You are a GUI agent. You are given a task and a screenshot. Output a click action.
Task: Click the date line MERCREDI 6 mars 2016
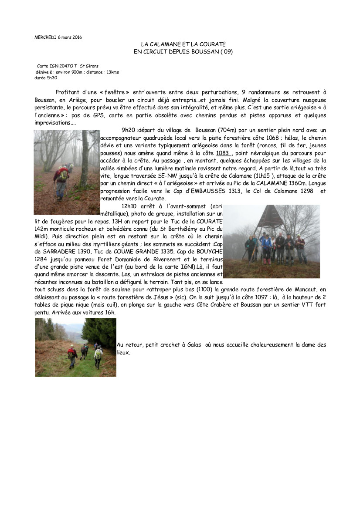point(58,37)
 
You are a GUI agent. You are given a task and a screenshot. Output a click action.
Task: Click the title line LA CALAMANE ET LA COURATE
point(183,44)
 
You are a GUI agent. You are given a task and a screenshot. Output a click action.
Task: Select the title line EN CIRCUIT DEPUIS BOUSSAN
point(183,51)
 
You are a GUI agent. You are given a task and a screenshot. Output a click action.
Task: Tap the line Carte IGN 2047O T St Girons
point(68,66)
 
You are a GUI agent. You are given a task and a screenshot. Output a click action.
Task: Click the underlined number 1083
point(224,153)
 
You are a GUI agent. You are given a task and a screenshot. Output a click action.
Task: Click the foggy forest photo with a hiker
point(67,172)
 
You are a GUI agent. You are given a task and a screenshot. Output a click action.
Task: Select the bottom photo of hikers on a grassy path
point(75,347)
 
